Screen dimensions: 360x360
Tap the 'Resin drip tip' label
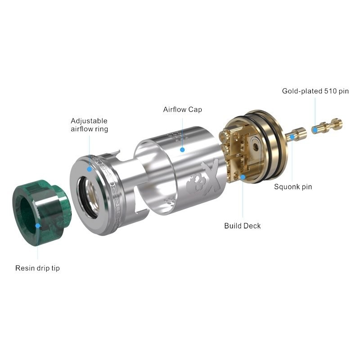click(x=37, y=268)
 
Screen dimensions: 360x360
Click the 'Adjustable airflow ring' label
click(x=89, y=125)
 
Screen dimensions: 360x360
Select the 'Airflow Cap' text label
click(x=183, y=109)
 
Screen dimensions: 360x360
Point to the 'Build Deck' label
click(x=243, y=226)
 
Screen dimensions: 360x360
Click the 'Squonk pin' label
click(x=293, y=187)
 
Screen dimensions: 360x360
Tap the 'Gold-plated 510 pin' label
click(x=315, y=91)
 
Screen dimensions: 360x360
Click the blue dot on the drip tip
click(x=38, y=225)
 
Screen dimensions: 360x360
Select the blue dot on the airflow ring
click(x=89, y=169)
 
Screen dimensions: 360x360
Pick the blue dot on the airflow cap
click(x=183, y=150)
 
